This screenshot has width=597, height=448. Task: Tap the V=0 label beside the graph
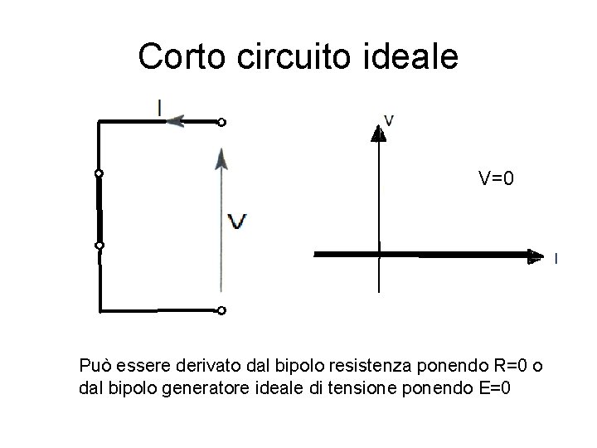(x=497, y=178)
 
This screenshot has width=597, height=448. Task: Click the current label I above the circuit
(x=158, y=107)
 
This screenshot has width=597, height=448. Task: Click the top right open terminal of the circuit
(x=221, y=123)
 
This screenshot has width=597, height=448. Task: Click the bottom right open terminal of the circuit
(x=221, y=311)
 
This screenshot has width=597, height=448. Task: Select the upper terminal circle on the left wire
(x=99, y=173)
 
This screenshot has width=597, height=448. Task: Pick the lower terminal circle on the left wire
(x=99, y=246)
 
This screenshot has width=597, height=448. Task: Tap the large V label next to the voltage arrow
(x=237, y=222)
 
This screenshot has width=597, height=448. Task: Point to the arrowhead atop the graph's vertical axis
(x=378, y=131)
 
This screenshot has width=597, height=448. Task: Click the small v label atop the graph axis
(x=389, y=119)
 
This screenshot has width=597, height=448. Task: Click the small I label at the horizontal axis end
(x=555, y=259)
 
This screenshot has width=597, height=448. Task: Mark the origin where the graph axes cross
(x=378, y=254)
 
